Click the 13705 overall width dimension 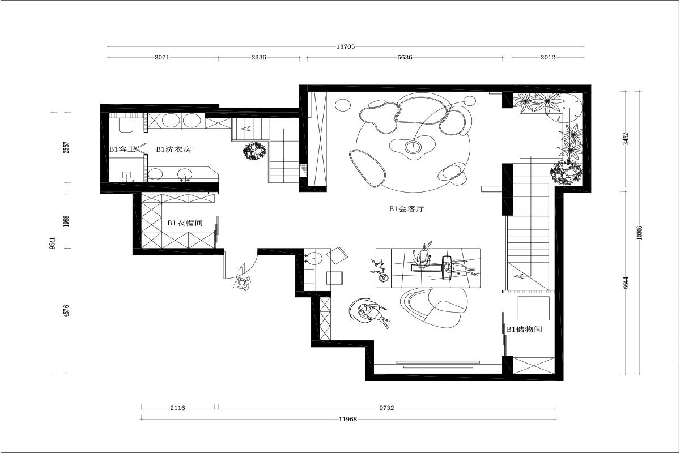pyautogui.click(x=346, y=47)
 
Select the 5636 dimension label pyautogui.click(x=405, y=57)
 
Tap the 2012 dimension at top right pyautogui.click(x=547, y=57)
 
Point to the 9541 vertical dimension pyautogui.click(x=53, y=243)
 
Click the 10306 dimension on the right pyautogui.click(x=639, y=233)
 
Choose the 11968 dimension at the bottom pyautogui.click(x=348, y=420)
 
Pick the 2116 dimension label pyautogui.click(x=177, y=408)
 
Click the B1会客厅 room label pyautogui.click(x=407, y=209)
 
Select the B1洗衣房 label pyautogui.click(x=173, y=149)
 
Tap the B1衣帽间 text pyautogui.click(x=185, y=223)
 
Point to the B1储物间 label pyautogui.click(x=524, y=329)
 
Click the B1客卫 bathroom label pyautogui.click(x=122, y=149)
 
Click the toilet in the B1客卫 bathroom pyautogui.click(x=126, y=125)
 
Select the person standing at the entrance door pyautogui.click(x=242, y=283)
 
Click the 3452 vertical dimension pyautogui.click(x=626, y=139)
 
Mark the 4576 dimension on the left pyautogui.click(x=67, y=311)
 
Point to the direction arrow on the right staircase pyautogui.click(x=519, y=276)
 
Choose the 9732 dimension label pyautogui.click(x=386, y=408)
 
